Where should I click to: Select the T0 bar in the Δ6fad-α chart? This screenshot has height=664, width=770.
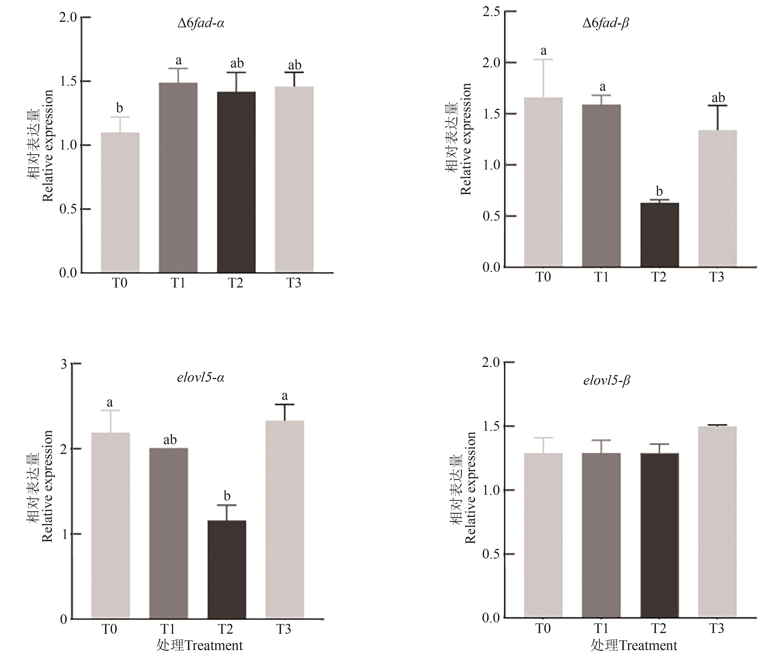click(x=120, y=203)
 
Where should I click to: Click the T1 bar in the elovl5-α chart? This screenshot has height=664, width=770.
click(x=168, y=533)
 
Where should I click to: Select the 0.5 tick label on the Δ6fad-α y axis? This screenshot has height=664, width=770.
click(x=68, y=209)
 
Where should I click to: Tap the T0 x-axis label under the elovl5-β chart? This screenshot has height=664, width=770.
click(x=543, y=628)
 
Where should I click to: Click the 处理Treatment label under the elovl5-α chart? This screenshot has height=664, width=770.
click(x=200, y=645)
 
